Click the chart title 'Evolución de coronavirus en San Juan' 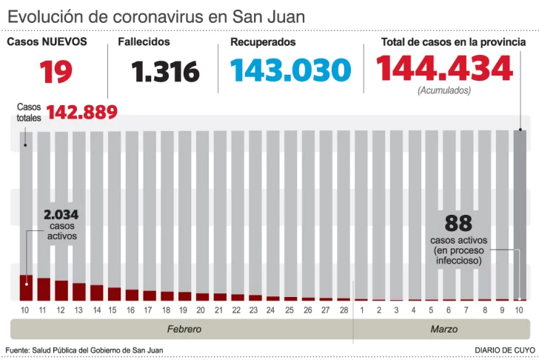click(155, 16)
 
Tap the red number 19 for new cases click(56, 71)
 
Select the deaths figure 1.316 click(166, 72)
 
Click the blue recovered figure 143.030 click(290, 70)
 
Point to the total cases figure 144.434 click(444, 69)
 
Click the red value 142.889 click(82, 112)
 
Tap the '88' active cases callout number click(458, 223)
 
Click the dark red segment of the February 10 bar click(26, 287)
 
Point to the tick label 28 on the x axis click(344, 309)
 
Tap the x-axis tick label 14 click(96, 309)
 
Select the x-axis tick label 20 click(202, 309)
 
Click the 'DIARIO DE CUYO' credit click(504, 350)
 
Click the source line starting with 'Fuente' click(84, 350)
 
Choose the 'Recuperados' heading click(263, 42)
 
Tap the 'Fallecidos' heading click(144, 42)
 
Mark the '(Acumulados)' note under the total click(444, 90)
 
